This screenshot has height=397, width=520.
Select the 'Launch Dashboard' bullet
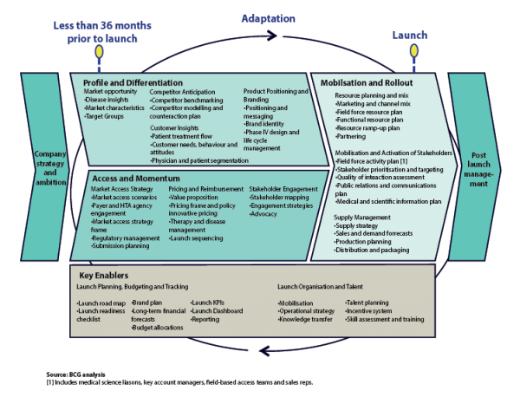[218, 310]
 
